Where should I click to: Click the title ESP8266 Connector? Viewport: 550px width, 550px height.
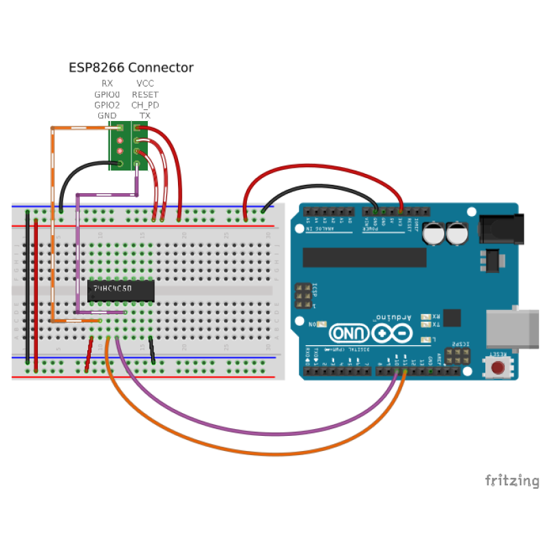pos(131,67)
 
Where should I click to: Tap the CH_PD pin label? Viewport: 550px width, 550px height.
pos(145,105)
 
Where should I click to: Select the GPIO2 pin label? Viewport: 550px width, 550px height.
pos(107,105)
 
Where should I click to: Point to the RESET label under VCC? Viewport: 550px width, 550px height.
pos(145,94)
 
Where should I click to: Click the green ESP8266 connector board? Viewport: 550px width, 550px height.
pos(129,146)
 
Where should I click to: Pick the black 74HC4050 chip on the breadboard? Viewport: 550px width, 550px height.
pos(121,291)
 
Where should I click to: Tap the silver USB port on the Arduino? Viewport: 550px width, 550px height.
pos(512,329)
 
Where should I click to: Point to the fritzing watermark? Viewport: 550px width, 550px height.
pos(512,481)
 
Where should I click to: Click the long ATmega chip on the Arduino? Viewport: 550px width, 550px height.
pos(364,256)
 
